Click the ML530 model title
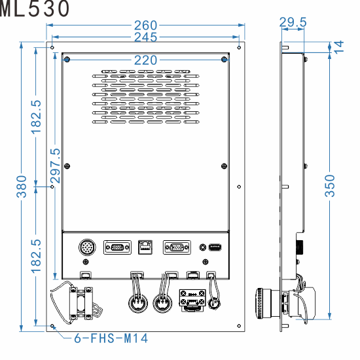tap(35, 9)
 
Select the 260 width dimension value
tap(145, 26)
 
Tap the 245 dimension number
tap(145, 38)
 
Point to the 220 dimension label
tap(145, 60)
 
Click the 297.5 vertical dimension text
tap(55, 168)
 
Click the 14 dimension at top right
tap(338, 46)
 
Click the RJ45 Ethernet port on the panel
tap(145, 248)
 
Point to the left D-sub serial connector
tap(117, 248)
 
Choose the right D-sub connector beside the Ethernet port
tap(175, 248)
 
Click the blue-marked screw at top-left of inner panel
tap(67, 60)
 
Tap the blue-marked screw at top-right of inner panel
tap(225, 60)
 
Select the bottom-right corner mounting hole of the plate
tap(238, 326)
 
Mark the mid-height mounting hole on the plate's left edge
tap(52, 187)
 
